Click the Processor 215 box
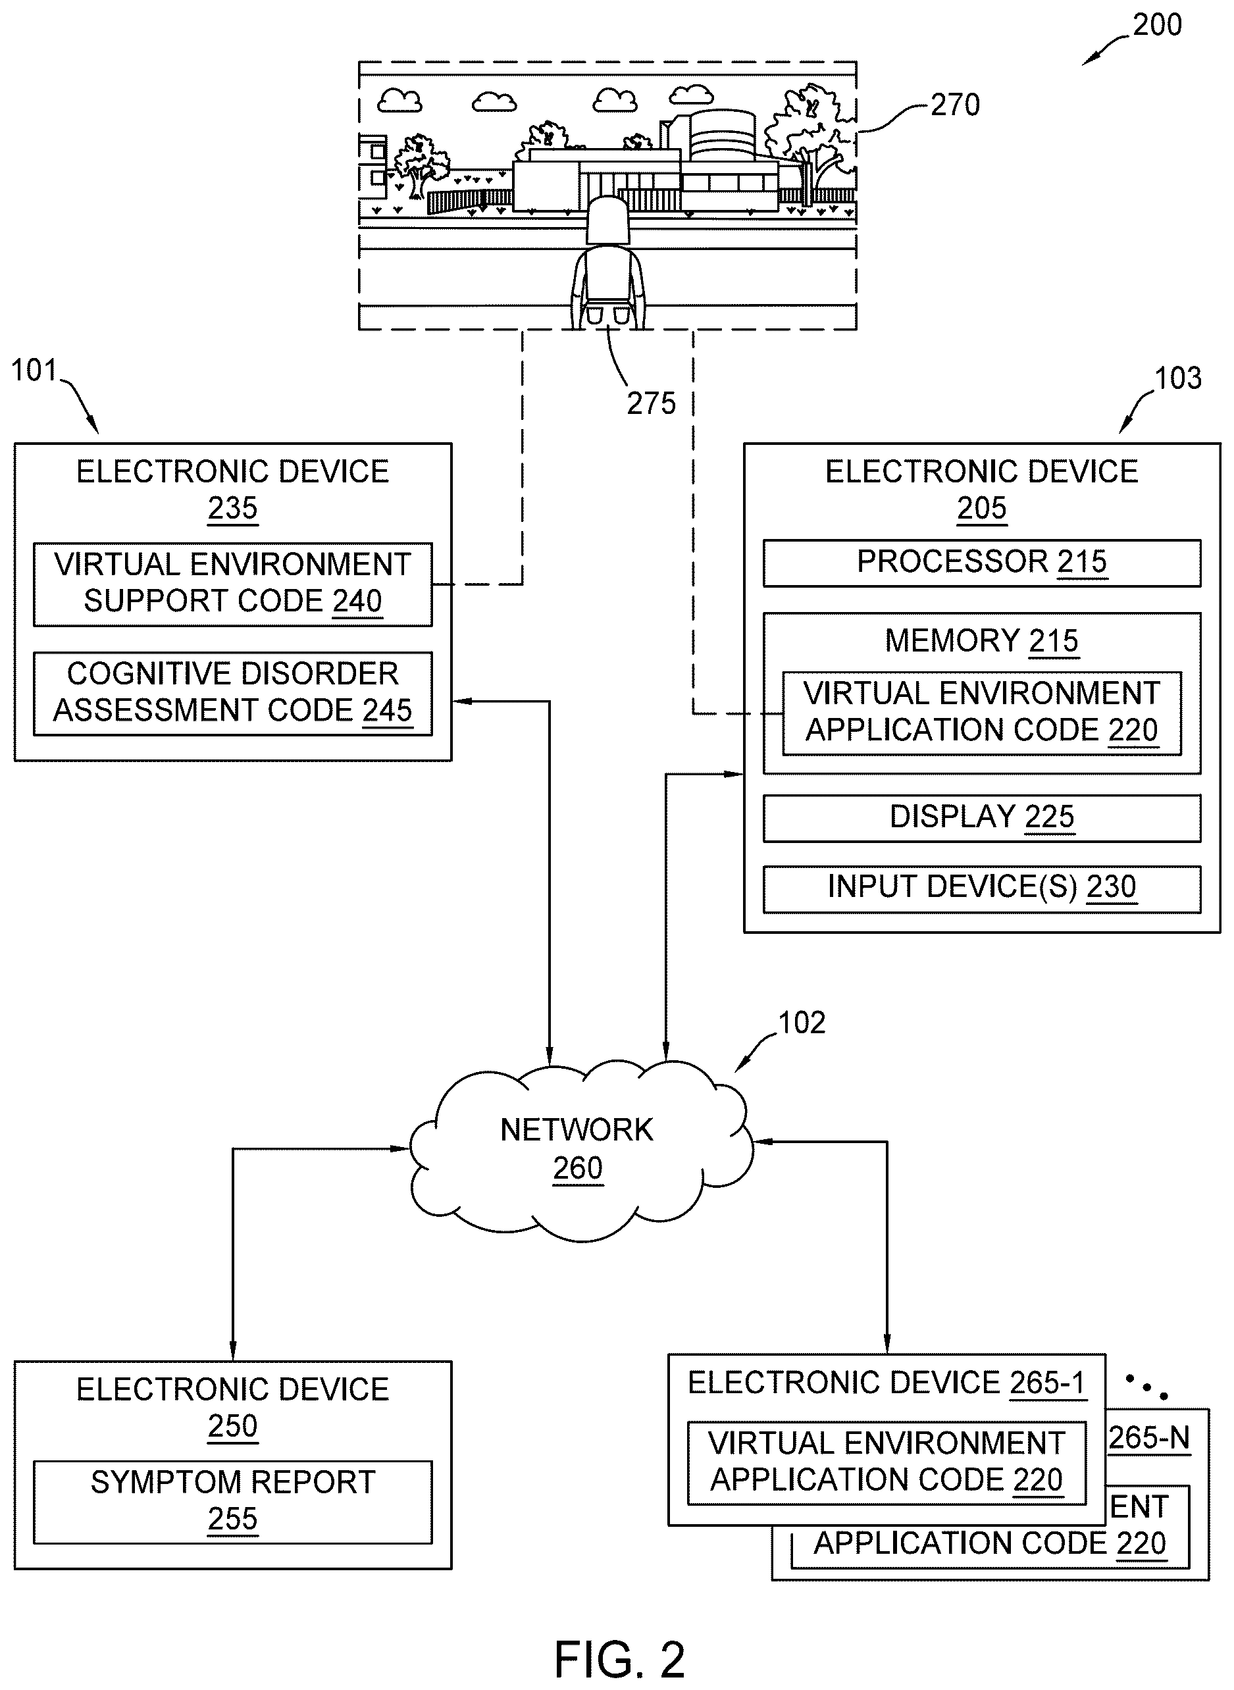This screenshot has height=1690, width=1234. coord(981,563)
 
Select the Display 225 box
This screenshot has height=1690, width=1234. coord(981,818)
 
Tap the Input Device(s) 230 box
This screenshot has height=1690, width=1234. coord(981,888)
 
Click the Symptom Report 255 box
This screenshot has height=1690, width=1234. coord(232,1502)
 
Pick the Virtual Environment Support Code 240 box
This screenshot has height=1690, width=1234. coord(232,584)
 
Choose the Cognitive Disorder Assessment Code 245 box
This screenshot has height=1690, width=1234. coord(232,694)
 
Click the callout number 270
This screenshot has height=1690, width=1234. coord(956,105)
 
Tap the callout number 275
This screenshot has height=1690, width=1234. coord(651,403)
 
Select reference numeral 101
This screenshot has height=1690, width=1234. coord(34,371)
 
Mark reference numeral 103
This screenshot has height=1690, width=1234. coord(1178,378)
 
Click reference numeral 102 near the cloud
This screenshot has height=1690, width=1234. coord(802,1023)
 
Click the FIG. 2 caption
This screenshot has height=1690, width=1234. coord(619,1660)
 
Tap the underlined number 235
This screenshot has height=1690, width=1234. coord(232,509)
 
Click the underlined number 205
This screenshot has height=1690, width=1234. coord(981,509)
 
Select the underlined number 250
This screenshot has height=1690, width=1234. coord(232,1426)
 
